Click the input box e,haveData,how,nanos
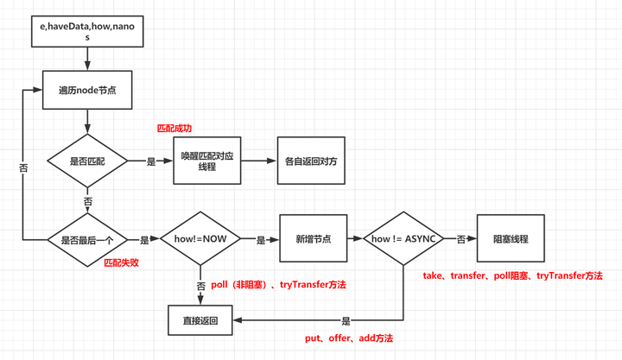coord(87,33)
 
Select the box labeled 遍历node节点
coord(86,90)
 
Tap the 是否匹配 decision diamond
coord(86,161)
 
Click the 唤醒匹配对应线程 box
coord(206,161)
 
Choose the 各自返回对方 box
coord(308,161)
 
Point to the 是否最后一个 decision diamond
coord(86,239)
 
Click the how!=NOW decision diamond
coord(200,239)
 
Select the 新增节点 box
coord(311,239)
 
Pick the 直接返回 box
coord(200,319)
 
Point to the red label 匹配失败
coord(122,262)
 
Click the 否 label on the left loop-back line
coord(22,167)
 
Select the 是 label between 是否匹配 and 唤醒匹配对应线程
coord(151,161)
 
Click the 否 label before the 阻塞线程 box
coord(460,239)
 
